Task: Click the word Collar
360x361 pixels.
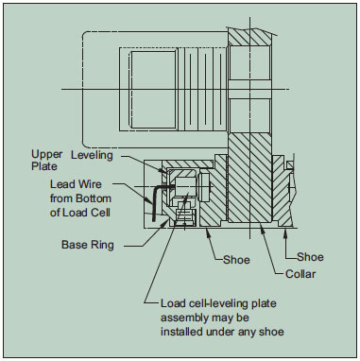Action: click(300, 274)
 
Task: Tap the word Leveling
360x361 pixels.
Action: click(92, 155)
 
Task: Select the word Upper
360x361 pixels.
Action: click(46, 155)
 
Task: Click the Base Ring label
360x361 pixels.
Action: click(88, 245)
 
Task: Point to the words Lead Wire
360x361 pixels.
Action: click(76, 184)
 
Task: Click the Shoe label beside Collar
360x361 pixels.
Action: click(310, 257)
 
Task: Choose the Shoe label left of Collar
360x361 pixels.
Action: click(236, 260)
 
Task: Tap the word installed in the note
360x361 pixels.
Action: click(181, 332)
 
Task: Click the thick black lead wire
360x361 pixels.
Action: click(155, 201)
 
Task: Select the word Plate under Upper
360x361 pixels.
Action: click(44, 166)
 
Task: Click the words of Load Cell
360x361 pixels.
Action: click(80, 213)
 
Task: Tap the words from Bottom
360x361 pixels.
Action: click(80, 198)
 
